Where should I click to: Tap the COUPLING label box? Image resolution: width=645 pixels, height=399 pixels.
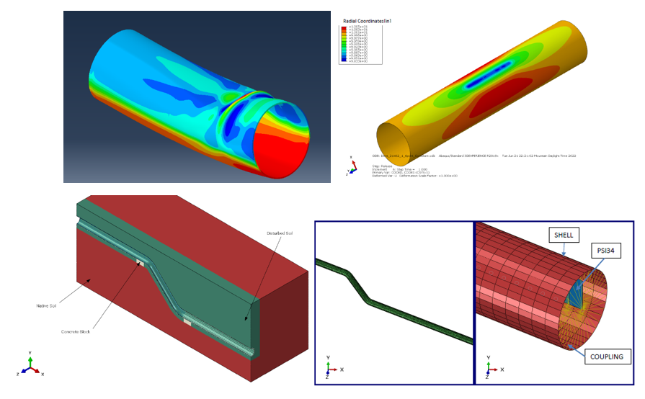click(x=606, y=356)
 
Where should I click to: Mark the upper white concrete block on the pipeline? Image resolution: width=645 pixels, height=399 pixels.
click(x=141, y=262)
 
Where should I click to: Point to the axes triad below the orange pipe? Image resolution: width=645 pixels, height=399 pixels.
click(x=349, y=166)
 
